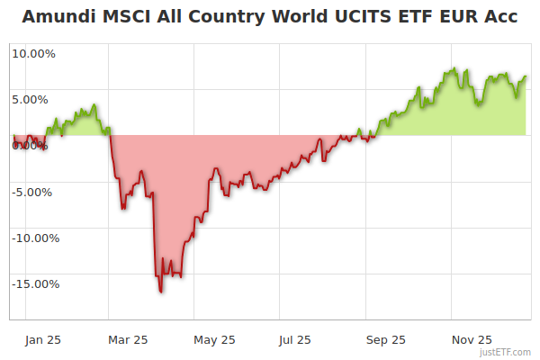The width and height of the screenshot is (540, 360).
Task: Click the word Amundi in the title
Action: click(x=57, y=17)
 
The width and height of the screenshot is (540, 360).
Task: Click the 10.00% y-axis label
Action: click(x=33, y=53)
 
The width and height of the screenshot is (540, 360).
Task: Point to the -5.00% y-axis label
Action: click(x=34, y=192)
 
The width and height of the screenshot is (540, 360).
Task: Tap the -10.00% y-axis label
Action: click(x=34, y=238)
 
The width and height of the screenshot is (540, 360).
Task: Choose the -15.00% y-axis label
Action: click(x=34, y=283)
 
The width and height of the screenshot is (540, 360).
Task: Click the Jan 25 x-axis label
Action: click(x=42, y=339)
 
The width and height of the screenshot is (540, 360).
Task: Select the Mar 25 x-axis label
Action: click(x=128, y=339)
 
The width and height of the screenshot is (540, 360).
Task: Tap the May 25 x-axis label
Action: click(x=214, y=339)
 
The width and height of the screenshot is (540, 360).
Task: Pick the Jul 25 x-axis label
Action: click(x=295, y=339)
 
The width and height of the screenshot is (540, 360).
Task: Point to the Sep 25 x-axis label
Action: click(x=385, y=339)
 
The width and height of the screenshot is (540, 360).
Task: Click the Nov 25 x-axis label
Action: click(x=472, y=339)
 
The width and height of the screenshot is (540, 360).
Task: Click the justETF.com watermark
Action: click(x=507, y=353)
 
